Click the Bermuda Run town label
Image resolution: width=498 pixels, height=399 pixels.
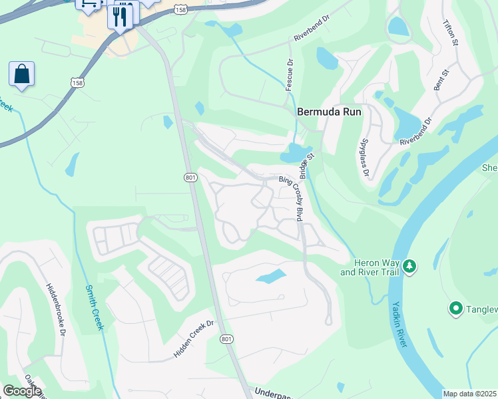pyautogui.click(x=329, y=112)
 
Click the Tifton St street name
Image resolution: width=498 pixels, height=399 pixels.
pyautogui.click(x=451, y=33)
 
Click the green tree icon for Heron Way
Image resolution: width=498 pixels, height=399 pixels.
pyautogui.click(x=410, y=267)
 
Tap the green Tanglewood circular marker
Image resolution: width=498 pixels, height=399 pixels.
pyautogui.click(x=456, y=308)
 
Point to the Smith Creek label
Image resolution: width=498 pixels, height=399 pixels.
pyautogui.click(x=95, y=307)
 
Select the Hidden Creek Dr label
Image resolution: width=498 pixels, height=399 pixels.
pyautogui.click(x=193, y=339)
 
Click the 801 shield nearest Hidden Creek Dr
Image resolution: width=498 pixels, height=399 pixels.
pyautogui.click(x=227, y=339)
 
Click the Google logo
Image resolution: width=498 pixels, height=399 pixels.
pyautogui.click(x=22, y=391)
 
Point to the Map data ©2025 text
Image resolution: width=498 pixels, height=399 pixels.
pyautogui.click(x=469, y=394)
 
